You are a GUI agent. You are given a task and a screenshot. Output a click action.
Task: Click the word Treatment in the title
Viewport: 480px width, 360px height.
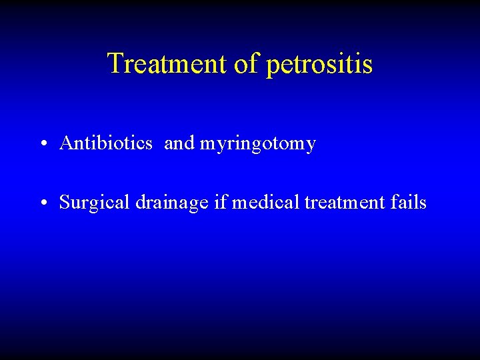168,64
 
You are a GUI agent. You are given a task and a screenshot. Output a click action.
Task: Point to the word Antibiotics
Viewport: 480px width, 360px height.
106,143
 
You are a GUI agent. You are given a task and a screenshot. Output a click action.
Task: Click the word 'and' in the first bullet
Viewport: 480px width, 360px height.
178,143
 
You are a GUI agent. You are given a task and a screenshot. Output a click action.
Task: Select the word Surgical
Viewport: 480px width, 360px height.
95,202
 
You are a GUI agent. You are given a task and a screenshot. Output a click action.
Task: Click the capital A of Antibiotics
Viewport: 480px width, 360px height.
66,143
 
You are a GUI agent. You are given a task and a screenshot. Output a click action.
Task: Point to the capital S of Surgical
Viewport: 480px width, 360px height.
65,201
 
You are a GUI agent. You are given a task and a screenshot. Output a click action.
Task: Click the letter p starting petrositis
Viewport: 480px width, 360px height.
272,67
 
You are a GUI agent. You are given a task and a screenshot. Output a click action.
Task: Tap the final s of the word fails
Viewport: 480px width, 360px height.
423,202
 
